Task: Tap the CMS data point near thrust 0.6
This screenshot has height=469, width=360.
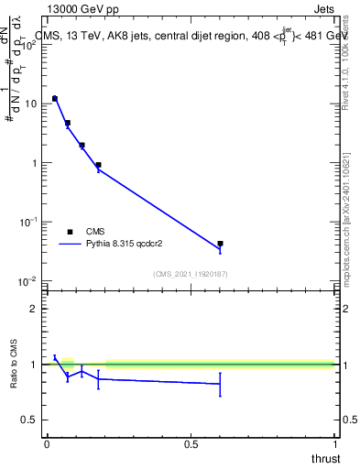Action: click(220, 244)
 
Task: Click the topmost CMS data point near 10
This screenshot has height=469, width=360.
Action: click(55, 98)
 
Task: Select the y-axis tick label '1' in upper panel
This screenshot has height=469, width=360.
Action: click(35, 163)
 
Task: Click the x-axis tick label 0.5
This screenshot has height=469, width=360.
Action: click(191, 444)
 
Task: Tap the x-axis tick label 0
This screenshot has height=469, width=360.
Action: click(47, 444)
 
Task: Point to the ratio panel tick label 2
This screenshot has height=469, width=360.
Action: click(35, 309)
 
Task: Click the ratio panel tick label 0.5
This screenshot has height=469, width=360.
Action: click(30, 420)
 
